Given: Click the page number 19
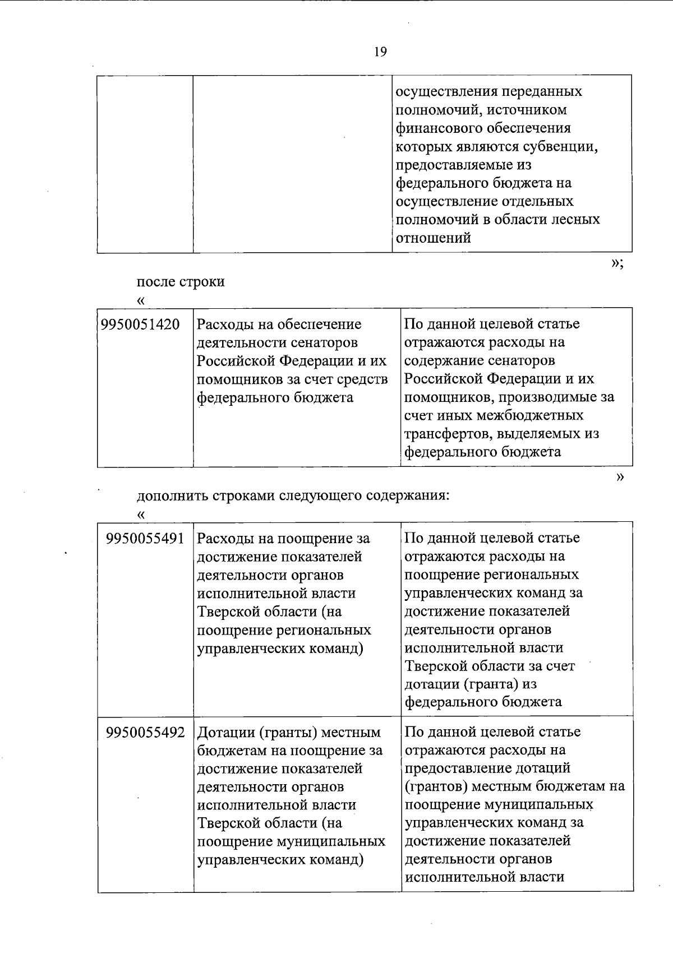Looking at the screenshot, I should click(380, 53).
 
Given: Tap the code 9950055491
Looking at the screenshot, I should click(145, 539).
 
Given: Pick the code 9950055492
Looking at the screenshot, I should click(145, 733).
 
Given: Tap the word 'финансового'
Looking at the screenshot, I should click(438, 128).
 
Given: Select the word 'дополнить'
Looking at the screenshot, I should click(171, 496).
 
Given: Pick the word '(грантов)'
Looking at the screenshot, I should click(436, 786).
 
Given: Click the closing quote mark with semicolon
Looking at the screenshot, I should click(617, 263).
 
